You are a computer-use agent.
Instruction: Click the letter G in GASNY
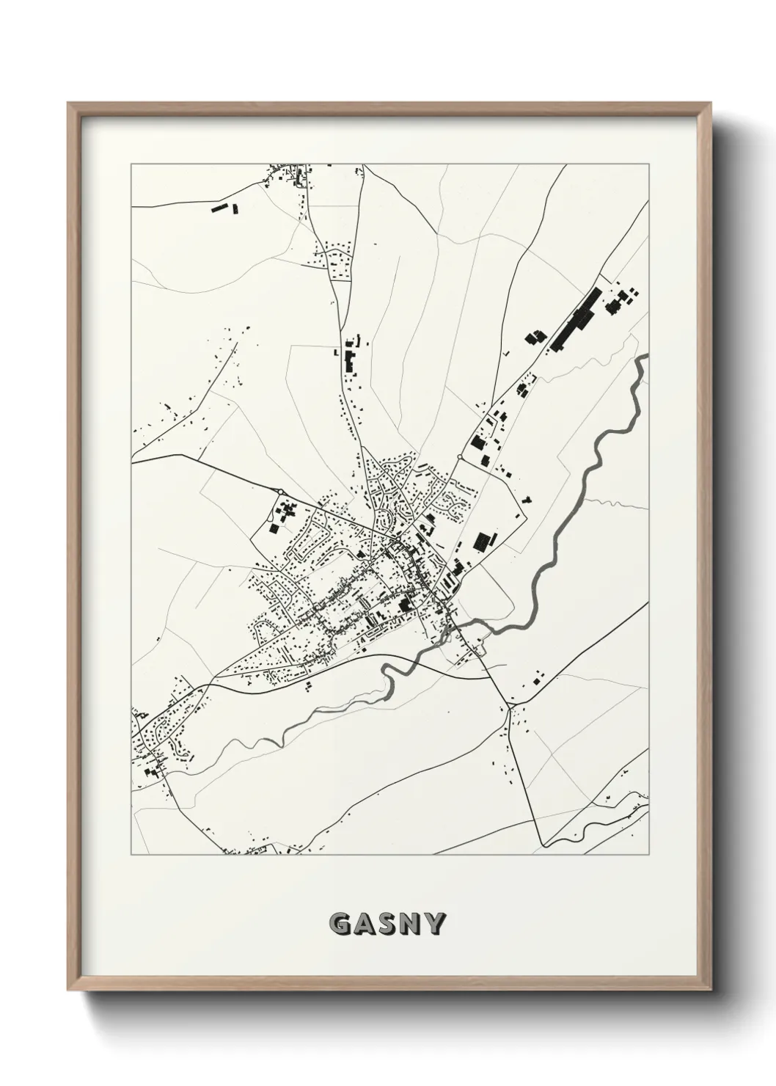[x=340, y=924]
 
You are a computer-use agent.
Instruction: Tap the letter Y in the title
[x=433, y=924]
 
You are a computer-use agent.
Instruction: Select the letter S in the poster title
[x=387, y=924]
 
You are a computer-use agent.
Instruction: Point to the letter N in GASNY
[x=410, y=924]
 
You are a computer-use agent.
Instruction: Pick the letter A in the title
[x=364, y=924]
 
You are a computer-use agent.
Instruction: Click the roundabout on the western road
[x=281, y=492]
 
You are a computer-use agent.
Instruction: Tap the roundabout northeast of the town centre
[x=459, y=457]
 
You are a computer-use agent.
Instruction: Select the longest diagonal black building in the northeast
[x=576, y=319]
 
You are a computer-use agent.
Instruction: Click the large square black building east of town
[x=482, y=542]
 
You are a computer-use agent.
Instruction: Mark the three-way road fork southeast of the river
[x=510, y=707]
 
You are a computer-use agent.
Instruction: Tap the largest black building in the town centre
[x=404, y=605]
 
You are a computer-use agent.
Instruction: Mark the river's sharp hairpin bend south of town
[x=387, y=669]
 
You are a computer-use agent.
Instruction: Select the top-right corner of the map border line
[x=648, y=164]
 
